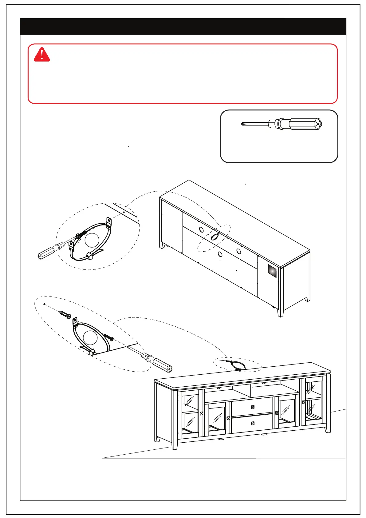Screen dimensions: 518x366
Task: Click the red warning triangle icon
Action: (42, 55)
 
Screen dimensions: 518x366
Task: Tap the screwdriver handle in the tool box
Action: (304, 124)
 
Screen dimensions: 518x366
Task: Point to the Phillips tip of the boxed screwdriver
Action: (243, 124)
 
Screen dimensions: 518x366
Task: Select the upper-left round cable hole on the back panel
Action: (201, 230)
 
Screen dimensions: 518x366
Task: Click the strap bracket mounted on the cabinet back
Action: (214, 236)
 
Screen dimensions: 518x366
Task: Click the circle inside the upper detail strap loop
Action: (92, 240)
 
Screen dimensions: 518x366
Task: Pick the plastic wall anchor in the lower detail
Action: (66, 315)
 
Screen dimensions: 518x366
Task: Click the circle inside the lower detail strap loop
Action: (90, 337)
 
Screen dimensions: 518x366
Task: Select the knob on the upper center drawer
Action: (253, 407)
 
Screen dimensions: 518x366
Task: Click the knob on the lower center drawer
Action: (253, 423)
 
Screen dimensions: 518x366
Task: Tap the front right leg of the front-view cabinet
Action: (328, 429)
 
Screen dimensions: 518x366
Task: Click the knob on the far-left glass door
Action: (202, 413)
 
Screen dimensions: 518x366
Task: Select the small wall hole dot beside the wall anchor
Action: (45, 304)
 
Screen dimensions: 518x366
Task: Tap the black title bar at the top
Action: (183, 27)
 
